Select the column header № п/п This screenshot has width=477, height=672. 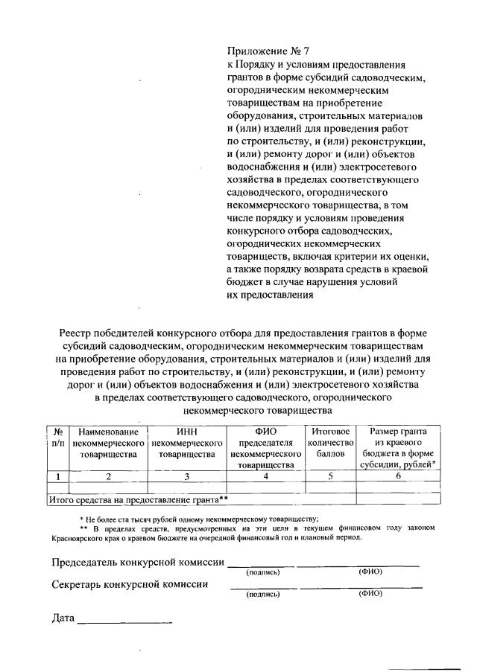57,438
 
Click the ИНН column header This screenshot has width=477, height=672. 186,443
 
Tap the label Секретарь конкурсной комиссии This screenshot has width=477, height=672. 130,583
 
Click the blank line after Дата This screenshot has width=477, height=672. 124,621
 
